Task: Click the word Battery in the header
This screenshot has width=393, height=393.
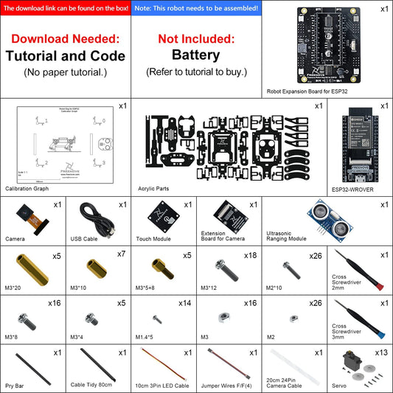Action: (196, 55)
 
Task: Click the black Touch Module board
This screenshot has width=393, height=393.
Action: (163, 217)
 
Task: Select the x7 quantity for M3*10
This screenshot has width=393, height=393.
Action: (122, 255)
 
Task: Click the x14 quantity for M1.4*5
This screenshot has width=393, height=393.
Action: (185, 303)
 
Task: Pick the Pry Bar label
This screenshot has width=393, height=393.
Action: (16, 383)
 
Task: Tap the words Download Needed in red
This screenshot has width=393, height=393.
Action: (65, 38)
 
